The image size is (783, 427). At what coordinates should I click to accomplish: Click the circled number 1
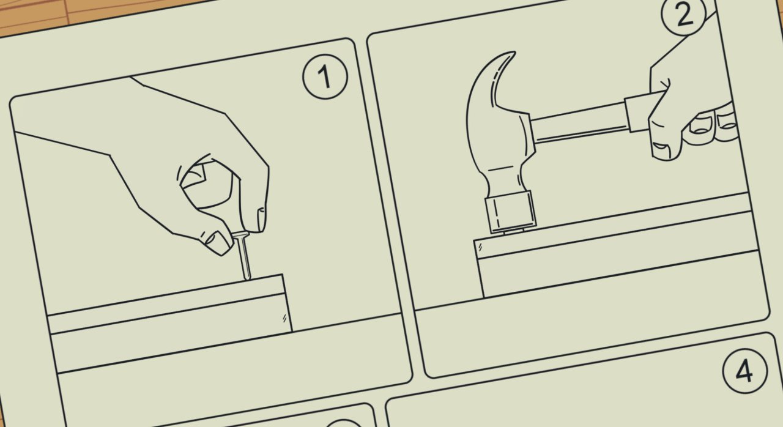[325, 76]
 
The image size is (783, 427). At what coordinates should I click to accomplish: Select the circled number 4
[745, 371]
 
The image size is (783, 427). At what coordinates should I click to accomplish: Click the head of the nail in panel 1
[241, 235]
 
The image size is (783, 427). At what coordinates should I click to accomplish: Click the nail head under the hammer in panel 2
[514, 231]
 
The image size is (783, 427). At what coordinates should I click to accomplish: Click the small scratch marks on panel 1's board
[284, 318]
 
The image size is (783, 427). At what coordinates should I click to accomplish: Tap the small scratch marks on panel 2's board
[481, 247]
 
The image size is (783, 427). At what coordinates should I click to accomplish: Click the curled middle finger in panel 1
[206, 185]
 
